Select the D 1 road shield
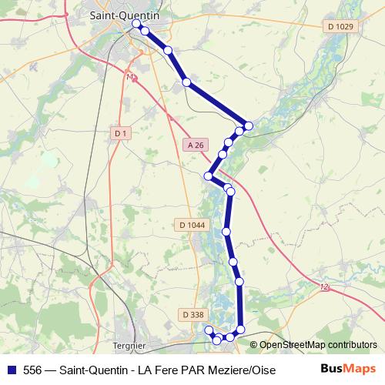120,133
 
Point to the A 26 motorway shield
196,145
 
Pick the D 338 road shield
192,314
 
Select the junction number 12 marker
323,286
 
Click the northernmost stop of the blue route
136,24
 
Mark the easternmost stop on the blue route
249,126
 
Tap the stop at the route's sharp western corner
208,176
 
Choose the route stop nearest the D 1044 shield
226,231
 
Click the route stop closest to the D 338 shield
208,330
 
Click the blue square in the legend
11,369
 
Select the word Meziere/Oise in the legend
241,369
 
